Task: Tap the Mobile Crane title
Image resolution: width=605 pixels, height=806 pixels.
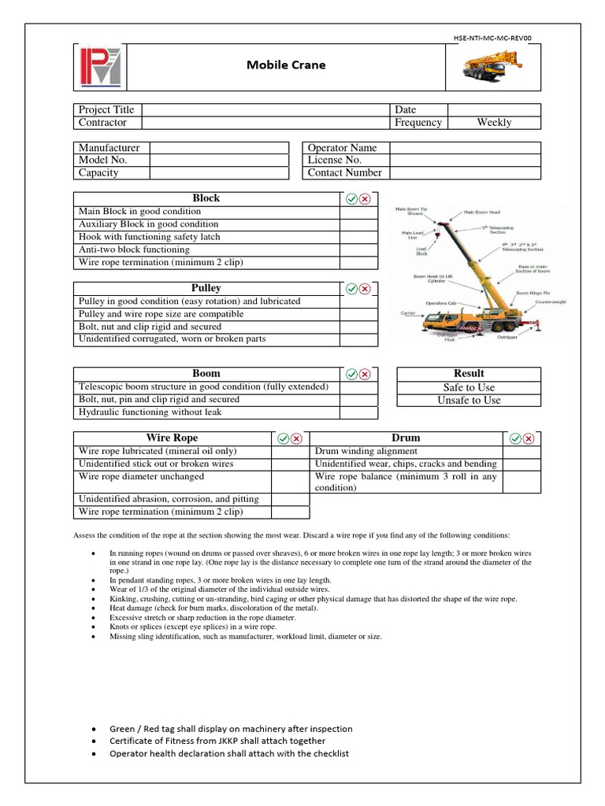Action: coord(284,65)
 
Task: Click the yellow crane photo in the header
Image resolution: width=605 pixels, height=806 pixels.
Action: coord(494,67)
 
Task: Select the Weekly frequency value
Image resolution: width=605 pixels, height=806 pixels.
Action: coord(494,123)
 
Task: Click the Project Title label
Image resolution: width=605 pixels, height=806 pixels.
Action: coord(106,110)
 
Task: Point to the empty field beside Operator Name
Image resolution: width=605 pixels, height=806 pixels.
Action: coord(465,148)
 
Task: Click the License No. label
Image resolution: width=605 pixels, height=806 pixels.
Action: coord(335,160)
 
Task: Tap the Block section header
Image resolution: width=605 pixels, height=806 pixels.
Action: coord(206,198)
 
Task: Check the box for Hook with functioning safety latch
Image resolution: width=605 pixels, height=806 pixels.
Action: coord(358,237)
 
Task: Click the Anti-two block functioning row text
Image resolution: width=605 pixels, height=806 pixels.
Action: coord(134,250)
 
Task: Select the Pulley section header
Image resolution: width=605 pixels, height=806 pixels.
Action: coord(206,289)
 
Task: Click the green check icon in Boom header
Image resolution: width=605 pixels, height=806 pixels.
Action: coord(351,374)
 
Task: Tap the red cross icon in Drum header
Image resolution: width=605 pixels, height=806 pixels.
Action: coord(528,438)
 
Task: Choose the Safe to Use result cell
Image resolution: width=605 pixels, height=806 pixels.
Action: coord(469,387)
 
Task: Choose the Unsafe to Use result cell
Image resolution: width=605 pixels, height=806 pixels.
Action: coord(469,400)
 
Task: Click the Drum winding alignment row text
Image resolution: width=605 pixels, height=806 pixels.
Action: coord(366,452)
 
